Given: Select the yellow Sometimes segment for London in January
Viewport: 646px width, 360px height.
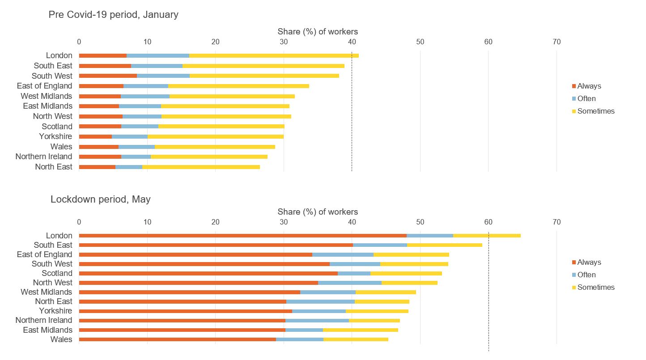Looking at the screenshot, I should pos(274,55).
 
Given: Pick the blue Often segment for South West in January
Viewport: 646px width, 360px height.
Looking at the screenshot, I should pos(163,76).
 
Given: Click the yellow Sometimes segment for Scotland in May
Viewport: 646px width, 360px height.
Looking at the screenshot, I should pos(406,273).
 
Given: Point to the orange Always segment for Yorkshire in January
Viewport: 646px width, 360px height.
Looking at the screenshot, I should pos(95,136).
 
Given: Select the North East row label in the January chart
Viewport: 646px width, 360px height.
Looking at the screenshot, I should pos(53,167).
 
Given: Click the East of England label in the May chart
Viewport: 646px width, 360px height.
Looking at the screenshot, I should pos(44,254).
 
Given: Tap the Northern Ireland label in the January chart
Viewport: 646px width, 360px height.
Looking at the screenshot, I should pos(43,157).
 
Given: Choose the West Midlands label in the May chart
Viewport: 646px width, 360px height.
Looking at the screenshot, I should pos(46,292).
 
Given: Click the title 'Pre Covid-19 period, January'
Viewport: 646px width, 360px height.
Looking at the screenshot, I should pos(113,15).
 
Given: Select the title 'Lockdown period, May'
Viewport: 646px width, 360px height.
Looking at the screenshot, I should pos(100,199).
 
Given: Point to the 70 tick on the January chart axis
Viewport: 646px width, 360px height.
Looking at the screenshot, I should pos(557,42).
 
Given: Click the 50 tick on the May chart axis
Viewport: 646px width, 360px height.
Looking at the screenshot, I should pos(420,222).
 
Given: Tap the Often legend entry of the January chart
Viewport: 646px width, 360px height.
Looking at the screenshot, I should pos(586,98).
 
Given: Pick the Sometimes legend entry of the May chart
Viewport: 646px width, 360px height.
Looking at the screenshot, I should pos(595,287).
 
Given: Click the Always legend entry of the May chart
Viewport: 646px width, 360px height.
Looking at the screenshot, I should pos(589,262).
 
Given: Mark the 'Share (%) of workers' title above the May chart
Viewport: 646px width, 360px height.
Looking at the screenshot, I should pos(318,212).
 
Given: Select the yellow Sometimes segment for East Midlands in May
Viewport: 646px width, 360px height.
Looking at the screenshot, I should pos(361,330).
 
